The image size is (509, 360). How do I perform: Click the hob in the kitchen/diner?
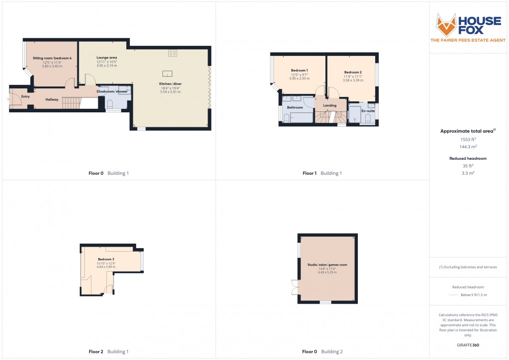(173, 52)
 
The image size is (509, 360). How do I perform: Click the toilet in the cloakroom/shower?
(110, 103)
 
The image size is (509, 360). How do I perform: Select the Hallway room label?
(52, 99)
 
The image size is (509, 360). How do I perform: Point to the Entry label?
(25, 96)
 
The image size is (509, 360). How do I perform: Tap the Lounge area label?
(107, 58)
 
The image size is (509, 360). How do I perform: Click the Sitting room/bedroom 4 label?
(52, 58)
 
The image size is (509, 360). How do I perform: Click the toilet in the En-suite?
(368, 117)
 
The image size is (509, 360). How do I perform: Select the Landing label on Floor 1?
(330, 105)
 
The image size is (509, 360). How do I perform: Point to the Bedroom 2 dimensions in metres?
(353, 80)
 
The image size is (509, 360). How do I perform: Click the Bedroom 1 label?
(299, 70)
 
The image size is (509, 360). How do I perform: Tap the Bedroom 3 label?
(106, 259)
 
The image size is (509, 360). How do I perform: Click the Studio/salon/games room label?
(327, 265)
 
